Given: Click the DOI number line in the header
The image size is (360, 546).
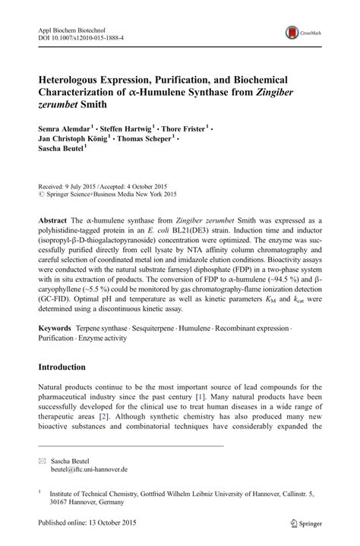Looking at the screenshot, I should point(81,36).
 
